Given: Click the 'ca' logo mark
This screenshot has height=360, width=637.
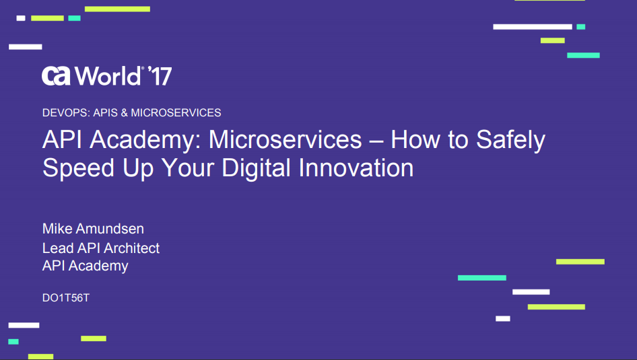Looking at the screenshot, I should [x=57, y=76].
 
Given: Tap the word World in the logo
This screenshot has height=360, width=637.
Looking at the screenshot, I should [x=108, y=76].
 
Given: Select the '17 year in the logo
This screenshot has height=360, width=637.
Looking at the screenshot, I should [x=159, y=76].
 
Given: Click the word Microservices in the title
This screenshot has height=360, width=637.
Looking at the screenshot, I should [x=286, y=140].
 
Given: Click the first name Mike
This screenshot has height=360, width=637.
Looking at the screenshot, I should [x=57, y=229].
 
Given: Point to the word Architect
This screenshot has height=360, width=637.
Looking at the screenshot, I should [x=128, y=248].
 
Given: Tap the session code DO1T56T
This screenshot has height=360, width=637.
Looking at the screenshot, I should [x=66, y=297].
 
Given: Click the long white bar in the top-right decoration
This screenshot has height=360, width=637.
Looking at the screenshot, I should [x=533, y=27].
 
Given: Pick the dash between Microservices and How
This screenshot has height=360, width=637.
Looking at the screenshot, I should [x=376, y=141].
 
